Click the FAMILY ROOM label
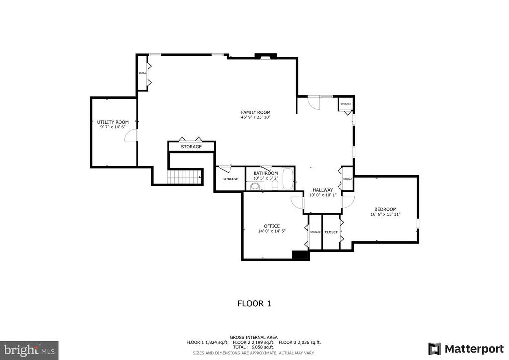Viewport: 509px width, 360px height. [255, 112]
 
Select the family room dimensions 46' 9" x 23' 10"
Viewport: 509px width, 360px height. [255, 118]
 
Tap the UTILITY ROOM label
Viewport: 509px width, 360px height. [113, 122]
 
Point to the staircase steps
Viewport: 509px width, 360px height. [184, 176]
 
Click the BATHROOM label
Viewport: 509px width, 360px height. [265, 173]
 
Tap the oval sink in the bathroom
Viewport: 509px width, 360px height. [255, 186]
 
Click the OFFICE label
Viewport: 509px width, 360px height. [272, 226]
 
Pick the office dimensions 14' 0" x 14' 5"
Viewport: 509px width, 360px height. [272, 231]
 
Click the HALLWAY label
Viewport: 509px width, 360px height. [322, 190]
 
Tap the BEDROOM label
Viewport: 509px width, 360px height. [385, 209]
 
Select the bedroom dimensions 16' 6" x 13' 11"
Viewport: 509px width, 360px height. [385, 214]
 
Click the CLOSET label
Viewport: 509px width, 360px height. [331, 232]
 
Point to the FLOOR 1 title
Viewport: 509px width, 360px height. [254, 303]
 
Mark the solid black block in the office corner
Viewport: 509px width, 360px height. [300, 255]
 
